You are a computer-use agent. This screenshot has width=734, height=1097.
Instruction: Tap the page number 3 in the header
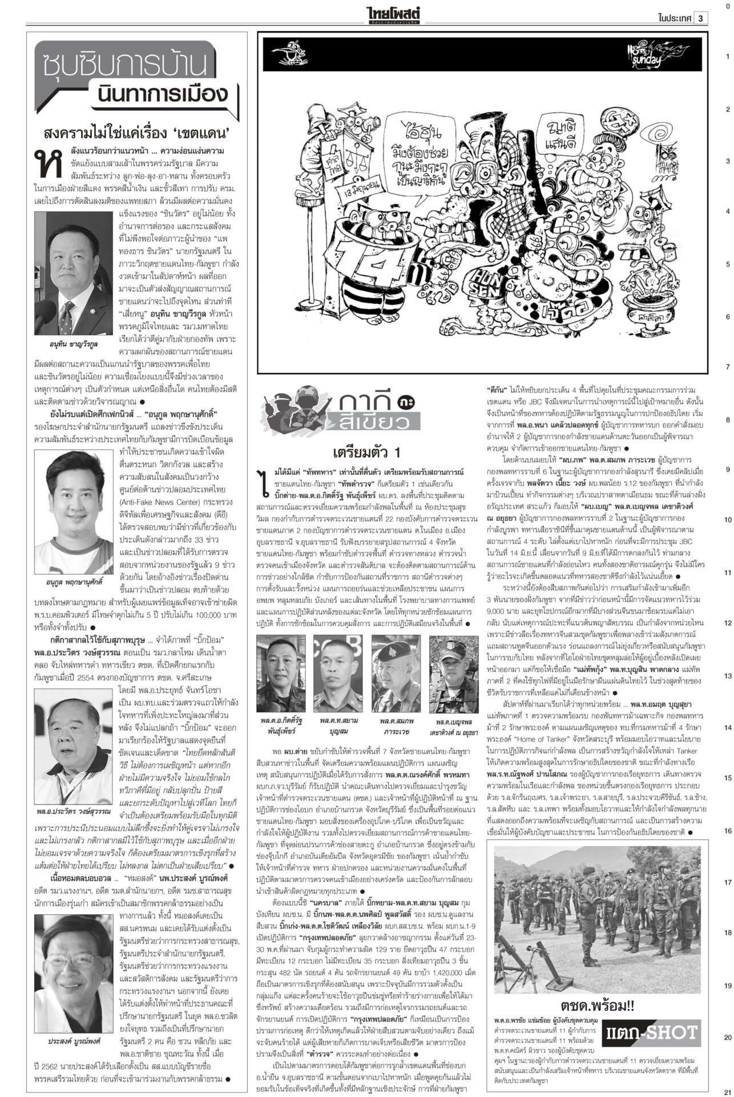[x=701, y=18]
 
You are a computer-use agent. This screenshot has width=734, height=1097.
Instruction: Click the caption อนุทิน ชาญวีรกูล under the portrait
[x=74, y=345]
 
